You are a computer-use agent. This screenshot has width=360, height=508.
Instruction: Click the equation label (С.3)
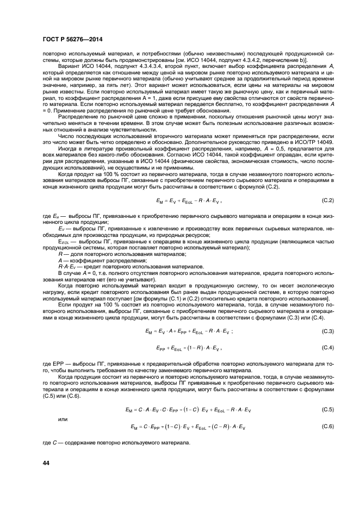tap(326, 331)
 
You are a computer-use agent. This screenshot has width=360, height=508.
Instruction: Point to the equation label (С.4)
tap(326, 347)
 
